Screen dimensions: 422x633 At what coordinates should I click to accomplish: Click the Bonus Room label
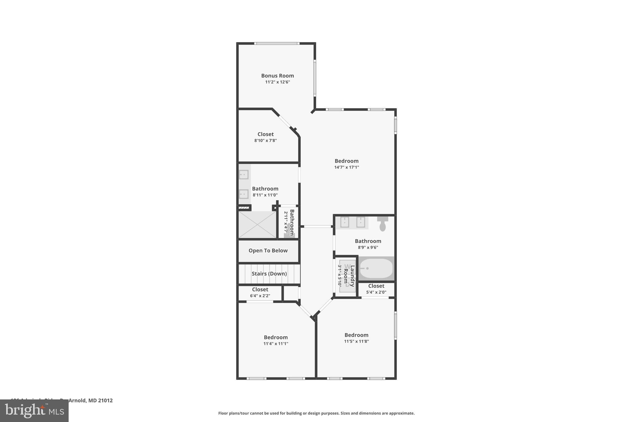coord(277,76)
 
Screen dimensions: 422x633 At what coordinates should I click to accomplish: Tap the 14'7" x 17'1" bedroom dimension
coord(346,167)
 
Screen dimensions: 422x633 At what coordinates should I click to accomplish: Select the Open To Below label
coord(268,251)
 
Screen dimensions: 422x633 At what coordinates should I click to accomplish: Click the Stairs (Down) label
coord(269,274)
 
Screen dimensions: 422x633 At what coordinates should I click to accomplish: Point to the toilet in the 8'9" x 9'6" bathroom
coord(383,224)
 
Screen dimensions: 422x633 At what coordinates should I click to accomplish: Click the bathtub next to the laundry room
coord(376,268)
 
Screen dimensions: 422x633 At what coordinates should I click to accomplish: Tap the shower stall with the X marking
coord(257,224)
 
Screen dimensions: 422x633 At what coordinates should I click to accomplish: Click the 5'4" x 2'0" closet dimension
coord(376,292)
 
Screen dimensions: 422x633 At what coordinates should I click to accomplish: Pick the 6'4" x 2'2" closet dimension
coord(260,296)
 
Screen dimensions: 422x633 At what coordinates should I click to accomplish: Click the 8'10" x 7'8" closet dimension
coord(266,141)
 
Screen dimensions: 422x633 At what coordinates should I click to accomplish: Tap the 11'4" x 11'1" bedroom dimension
coord(276,343)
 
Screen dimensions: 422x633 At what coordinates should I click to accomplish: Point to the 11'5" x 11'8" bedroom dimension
coord(356,341)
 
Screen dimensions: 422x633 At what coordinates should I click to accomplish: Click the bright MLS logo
coord(34,411)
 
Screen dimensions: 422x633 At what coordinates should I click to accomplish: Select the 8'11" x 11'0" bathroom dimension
coord(265,195)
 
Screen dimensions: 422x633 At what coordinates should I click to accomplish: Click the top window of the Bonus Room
coord(277,43)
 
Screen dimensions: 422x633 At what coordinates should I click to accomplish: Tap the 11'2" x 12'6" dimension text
coord(278,82)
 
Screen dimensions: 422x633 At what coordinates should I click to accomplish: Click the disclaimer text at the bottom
coord(316,413)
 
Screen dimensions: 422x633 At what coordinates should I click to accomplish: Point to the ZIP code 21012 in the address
coord(105,400)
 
